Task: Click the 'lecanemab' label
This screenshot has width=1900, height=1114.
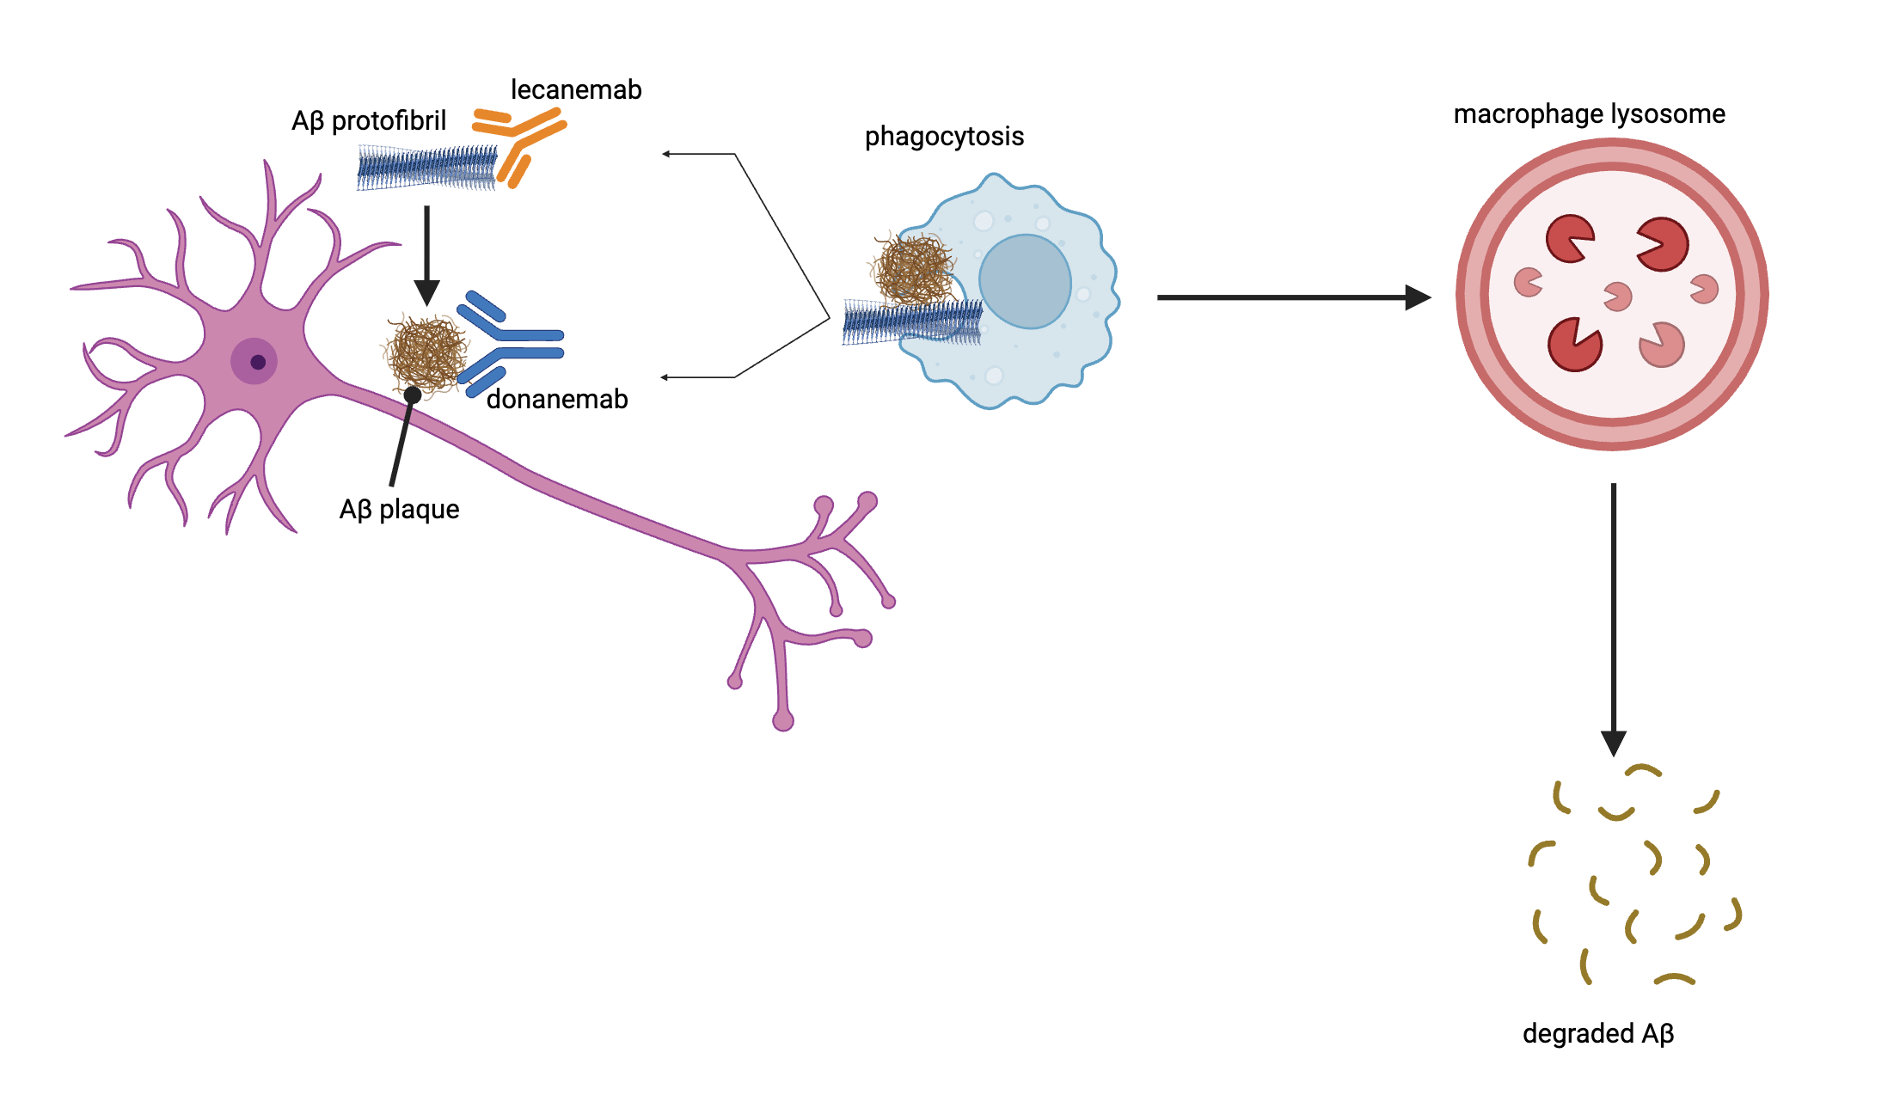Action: (x=576, y=90)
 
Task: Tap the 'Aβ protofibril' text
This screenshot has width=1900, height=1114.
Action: (x=369, y=121)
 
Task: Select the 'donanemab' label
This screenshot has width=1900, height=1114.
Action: (x=557, y=400)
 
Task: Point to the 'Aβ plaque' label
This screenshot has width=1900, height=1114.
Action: (x=399, y=510)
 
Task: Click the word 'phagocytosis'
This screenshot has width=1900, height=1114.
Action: (x=944, y=137)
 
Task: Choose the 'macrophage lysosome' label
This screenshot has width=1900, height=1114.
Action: (x=1589, y=114)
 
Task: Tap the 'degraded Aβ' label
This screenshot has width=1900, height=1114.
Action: (x=1597, y=1033)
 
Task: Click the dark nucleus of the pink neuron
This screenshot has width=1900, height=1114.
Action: (x=257, y=362)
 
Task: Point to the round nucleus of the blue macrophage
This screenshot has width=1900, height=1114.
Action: (x=1025, y=282)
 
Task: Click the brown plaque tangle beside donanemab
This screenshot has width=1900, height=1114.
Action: (x=426, y=352)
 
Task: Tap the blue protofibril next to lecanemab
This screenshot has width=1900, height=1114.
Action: (x=426, y=168)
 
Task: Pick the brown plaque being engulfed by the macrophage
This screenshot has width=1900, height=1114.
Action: (x=914, y=268)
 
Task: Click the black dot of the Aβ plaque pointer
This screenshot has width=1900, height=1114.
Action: (x=413, y=395)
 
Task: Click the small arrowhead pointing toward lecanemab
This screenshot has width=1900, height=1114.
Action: (x=666, y=154)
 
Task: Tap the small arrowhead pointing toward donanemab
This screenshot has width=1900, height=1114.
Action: (x=665, y=377)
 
